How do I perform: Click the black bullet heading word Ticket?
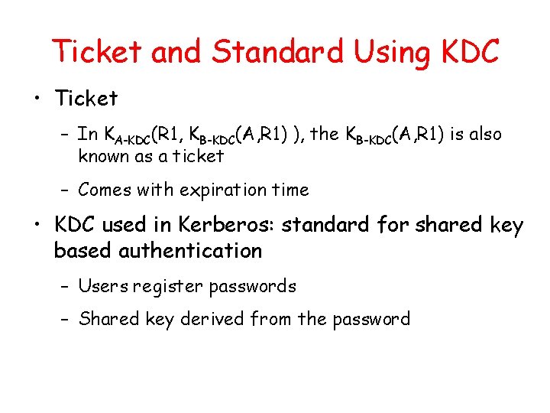coord(86,99)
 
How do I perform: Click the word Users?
coord(103,287)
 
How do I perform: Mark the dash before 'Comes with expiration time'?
coord(66,190)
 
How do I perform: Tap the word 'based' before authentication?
coord(80,251)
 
